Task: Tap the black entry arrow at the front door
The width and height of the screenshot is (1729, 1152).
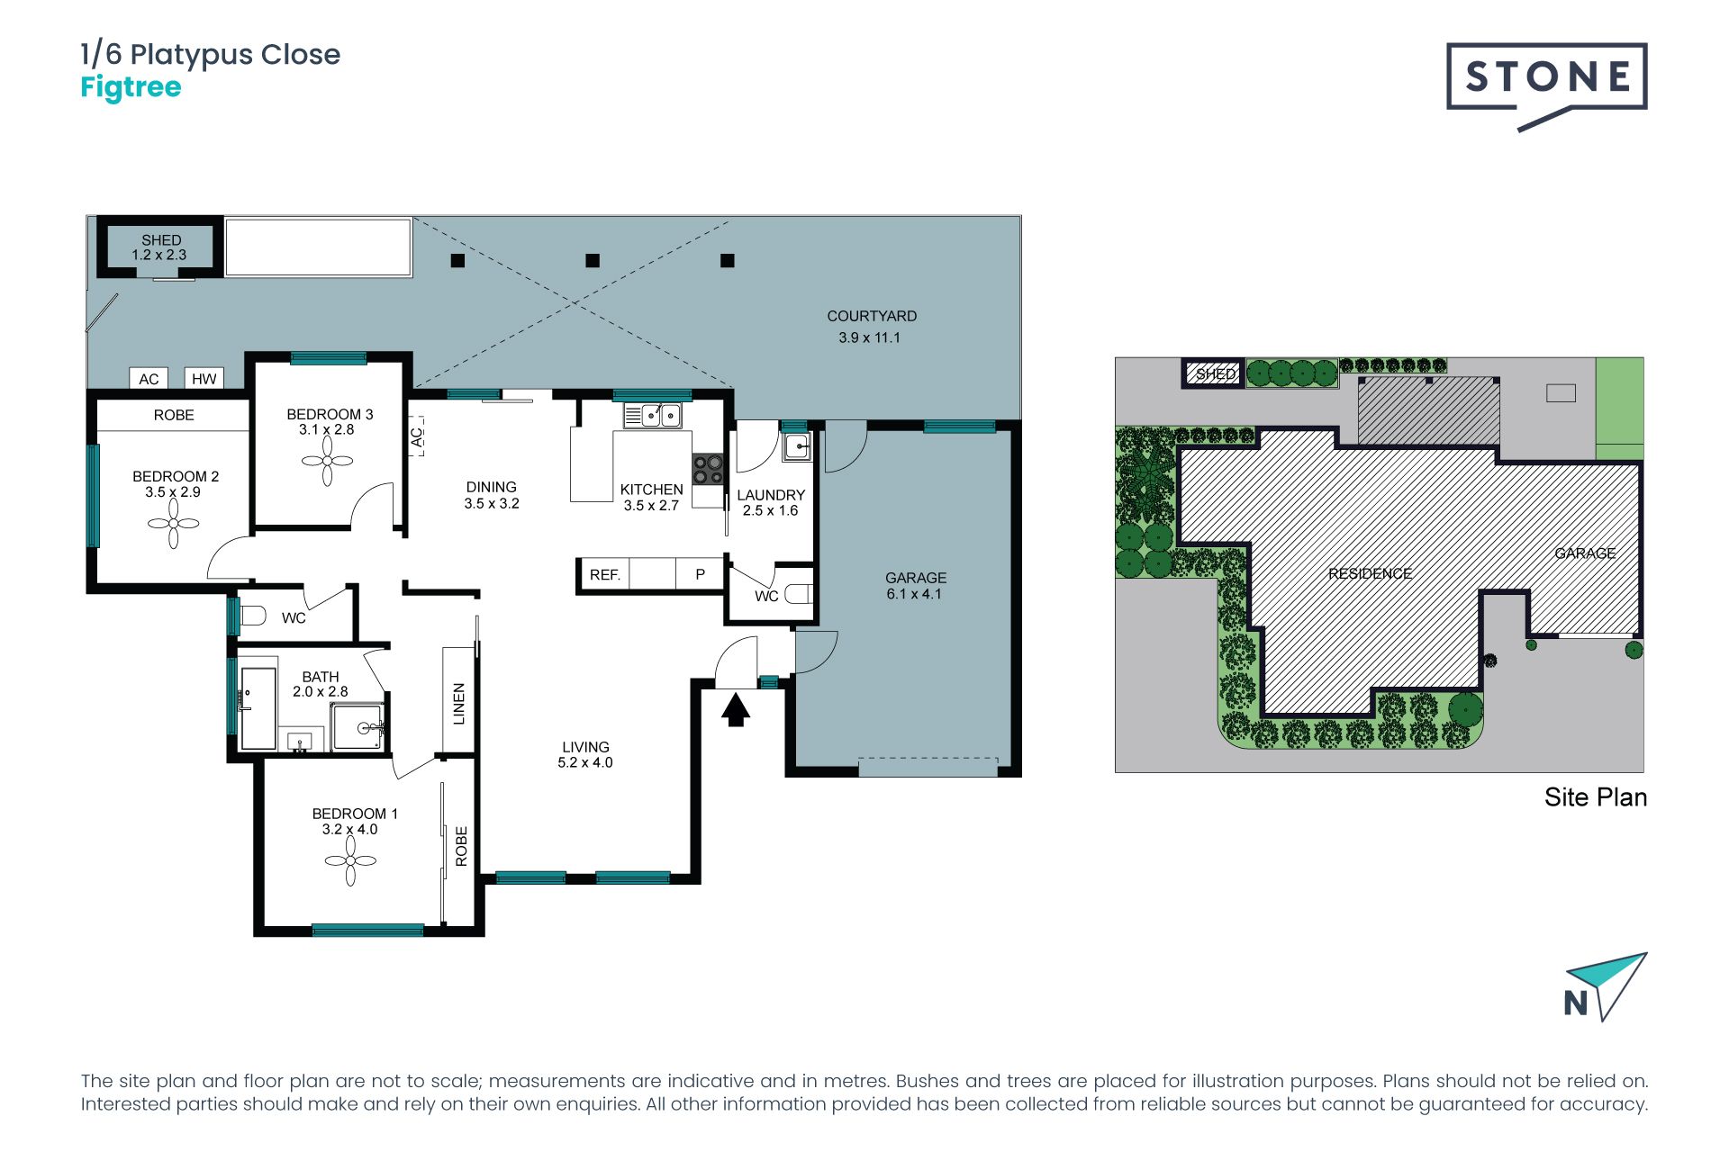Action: pos(736,709)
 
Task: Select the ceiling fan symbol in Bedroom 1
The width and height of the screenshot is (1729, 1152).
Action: pos(350,861)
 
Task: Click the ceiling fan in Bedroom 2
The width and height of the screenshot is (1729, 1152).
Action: pos(173,524)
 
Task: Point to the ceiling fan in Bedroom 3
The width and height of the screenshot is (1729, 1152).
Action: pos(327,462)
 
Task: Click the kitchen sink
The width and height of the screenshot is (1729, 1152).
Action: pos(653,415)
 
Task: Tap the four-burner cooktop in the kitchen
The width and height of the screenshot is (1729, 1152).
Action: pos(708,470)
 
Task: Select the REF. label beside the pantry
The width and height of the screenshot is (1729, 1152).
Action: pos(605,575)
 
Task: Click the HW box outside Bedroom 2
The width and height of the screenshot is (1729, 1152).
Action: pos(204,379)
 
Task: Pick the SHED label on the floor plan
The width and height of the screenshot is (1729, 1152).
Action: pos(161,240)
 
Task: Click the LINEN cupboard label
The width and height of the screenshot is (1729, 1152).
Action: pos(459,704)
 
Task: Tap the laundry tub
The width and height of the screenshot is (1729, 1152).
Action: pos(797,446)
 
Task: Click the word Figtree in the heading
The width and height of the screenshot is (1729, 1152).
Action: pos(131,87)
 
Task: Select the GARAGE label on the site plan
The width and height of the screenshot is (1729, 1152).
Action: pos(1585,553)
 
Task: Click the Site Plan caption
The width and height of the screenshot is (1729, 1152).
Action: pos(1596,797)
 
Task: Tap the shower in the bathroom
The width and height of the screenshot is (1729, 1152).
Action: pos(358,727)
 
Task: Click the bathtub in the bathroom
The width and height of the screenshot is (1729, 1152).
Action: pos(258,708)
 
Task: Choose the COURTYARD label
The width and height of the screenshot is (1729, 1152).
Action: pos(872,316)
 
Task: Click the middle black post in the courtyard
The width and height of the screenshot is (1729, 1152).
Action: pos(593,261)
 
